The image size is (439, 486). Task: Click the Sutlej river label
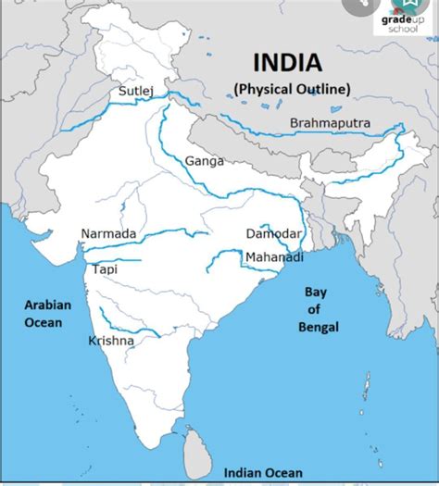click(x=135, y=92)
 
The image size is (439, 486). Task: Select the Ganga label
click(x=204, y=161)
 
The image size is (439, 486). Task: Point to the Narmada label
click(x=108, y=233)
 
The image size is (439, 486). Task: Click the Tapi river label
click(x=105, y=269)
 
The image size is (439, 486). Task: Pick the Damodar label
click(x=273, y=233)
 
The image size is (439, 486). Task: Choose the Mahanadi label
click(x=274, y=257)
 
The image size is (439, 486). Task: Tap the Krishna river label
click(x=111, y=341)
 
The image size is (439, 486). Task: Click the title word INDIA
click(x=288, y=64)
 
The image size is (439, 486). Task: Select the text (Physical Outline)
click(x=291, y=89)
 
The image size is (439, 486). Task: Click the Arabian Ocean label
click(x=43, y=313)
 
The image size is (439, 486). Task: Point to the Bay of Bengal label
click(x=318, y=309)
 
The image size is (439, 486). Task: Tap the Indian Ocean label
click(x=270, y=472)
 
